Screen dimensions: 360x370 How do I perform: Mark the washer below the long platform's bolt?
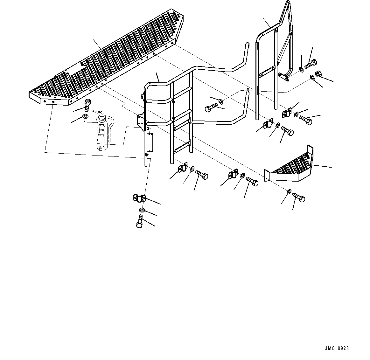[85, 116]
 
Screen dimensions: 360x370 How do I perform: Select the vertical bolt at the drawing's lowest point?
[140, 221]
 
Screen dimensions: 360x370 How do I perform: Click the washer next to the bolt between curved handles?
[221, 101]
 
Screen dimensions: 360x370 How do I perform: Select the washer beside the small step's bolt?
[289, 191]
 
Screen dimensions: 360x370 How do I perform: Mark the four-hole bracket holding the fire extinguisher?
[139, 120]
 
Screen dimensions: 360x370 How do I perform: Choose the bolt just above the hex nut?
[310, 64]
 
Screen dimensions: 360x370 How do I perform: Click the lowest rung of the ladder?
[182, 147]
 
